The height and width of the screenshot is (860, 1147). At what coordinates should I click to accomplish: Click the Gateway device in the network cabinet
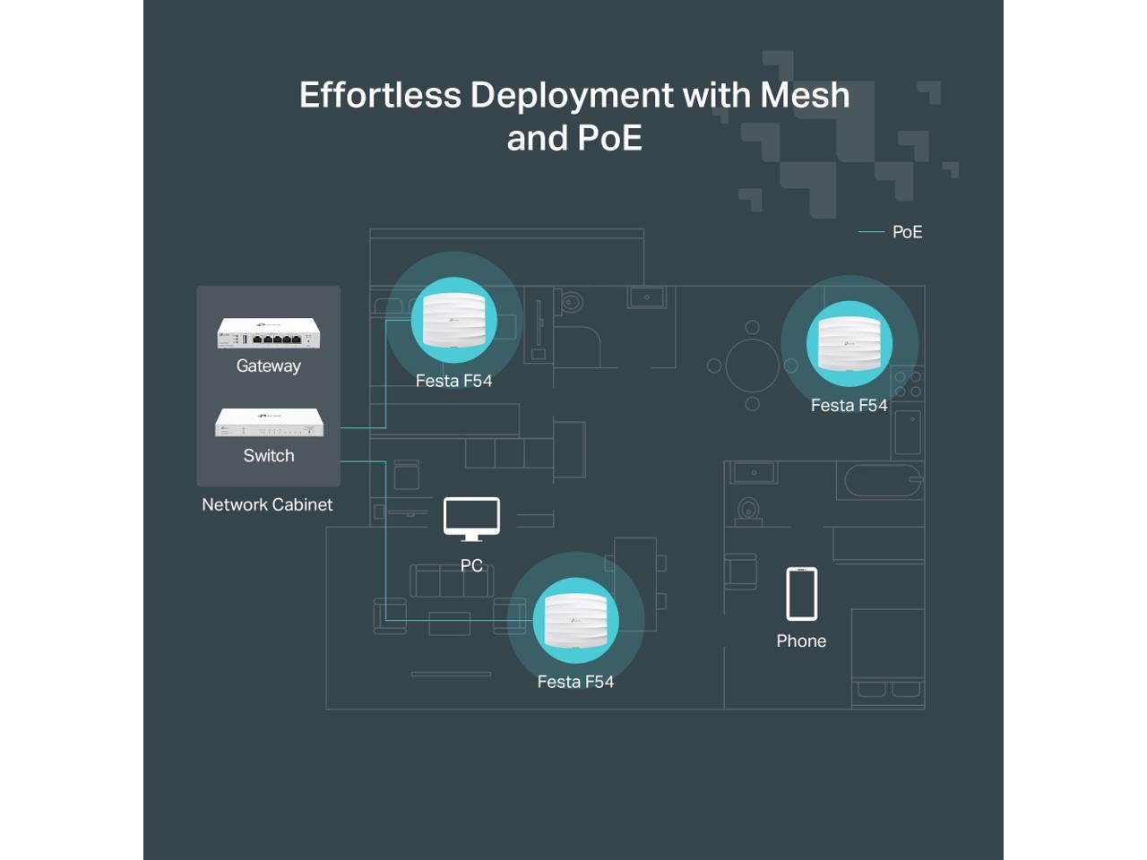(268, 333)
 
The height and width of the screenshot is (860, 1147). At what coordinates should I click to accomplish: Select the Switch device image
(269, 422)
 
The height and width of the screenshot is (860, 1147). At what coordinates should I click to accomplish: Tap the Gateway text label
(268, 365)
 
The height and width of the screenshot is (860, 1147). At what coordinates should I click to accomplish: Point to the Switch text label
(269, 455)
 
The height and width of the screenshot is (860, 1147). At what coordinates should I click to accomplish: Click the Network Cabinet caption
(267, 504)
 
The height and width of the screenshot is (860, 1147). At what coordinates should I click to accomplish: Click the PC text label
(471, 565)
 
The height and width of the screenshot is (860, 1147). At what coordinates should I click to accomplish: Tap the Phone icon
(801, 594)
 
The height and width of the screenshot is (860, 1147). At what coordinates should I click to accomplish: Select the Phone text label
(801, 641)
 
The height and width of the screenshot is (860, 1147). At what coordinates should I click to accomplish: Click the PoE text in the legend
(907, 232)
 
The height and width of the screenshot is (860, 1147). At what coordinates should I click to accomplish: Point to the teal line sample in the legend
(871, 232)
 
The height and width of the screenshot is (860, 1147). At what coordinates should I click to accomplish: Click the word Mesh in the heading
(805, 95)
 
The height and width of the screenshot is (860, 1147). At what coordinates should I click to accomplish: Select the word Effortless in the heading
(380, 95)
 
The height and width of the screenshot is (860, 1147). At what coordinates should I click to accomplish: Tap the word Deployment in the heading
(572, 95)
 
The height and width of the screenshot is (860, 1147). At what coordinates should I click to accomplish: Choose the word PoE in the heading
(609, 138)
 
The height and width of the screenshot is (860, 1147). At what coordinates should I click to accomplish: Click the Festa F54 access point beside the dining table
(849, 343)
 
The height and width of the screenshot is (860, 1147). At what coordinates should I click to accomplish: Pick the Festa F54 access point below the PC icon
(575, 620)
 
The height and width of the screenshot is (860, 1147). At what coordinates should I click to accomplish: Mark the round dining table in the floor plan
(753, 365)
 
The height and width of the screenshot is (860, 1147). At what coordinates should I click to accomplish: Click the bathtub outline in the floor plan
(883, 481)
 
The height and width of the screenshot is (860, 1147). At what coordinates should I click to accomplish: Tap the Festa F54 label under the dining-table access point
(849, 405)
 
